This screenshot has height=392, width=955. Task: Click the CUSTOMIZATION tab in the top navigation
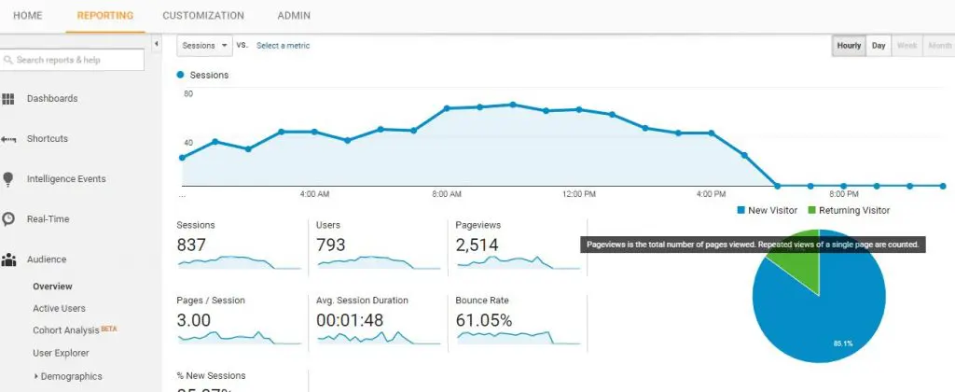(x=202, y=16)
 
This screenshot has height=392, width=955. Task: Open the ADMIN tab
(x=294, y=16)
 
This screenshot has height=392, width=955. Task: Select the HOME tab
(x=27, y=16)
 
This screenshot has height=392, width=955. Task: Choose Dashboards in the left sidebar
(x=51, y=98)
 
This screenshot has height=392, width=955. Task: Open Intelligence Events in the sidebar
(x=65, y=178)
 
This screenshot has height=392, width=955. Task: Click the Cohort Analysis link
(x=66, y=329)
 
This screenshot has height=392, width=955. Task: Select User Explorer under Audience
(x=61, y=353)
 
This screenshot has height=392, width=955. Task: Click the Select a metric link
(x=283, y=45)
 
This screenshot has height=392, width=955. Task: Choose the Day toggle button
(x=879, y=45)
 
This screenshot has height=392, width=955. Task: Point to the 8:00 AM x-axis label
(x=447, y=194)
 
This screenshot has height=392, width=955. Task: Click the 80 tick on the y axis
(x=188, y=94)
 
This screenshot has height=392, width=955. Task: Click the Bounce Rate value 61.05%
(x=483, y=320)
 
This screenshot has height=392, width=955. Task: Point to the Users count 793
(x=330, y=245)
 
